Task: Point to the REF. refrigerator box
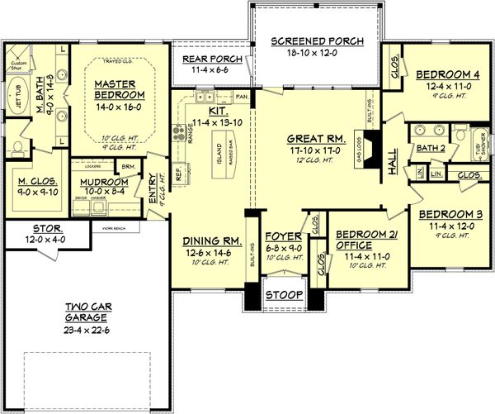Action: (178, 174)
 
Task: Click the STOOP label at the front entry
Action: (283, 295)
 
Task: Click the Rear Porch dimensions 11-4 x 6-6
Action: (207, 73)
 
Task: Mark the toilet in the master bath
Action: (17, 147)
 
